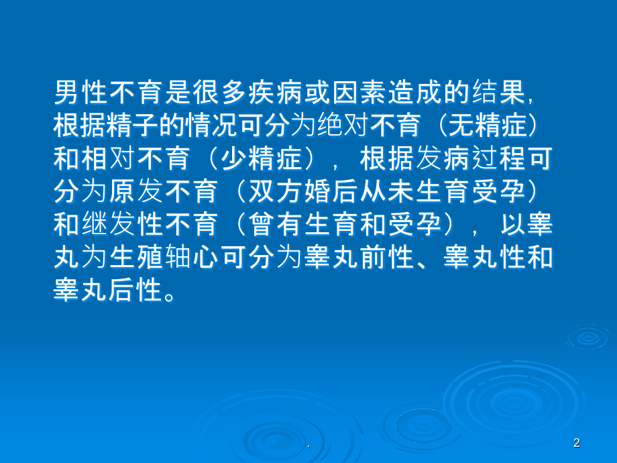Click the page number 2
[577, 443]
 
